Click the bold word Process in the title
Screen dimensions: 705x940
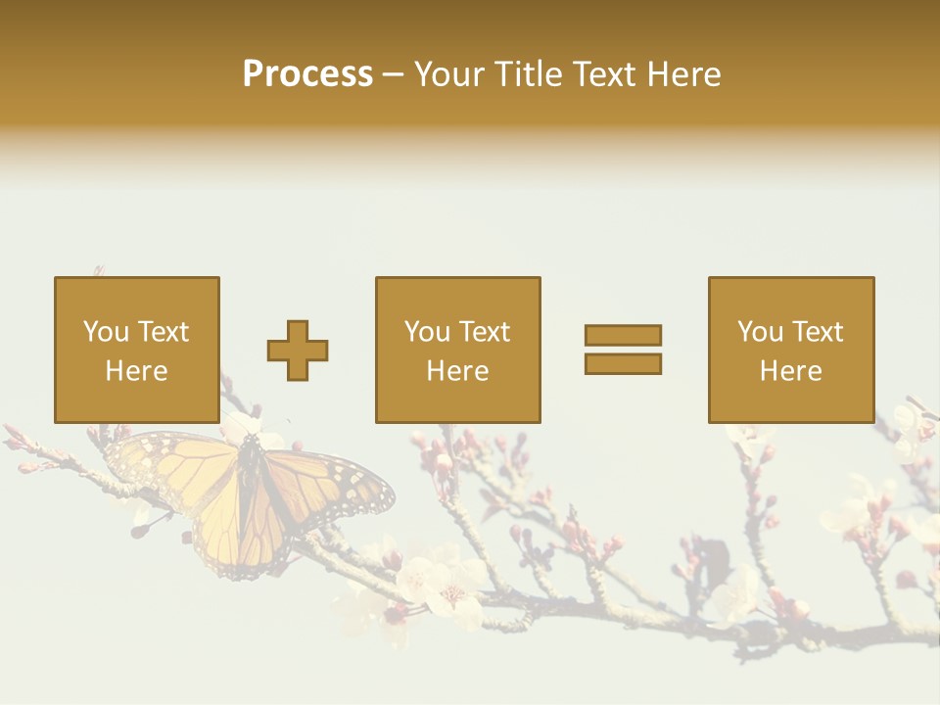coord(307,74)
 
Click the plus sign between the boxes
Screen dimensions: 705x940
coord(298,350)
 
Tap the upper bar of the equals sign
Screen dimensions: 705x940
coord(623,335)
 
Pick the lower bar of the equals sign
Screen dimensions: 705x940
coord(623,363)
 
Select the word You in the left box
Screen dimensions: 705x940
coord(106,332)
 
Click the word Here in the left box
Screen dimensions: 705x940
coord(136,371)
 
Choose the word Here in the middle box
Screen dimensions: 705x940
coord(457,371)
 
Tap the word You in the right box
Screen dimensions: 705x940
coord(760,332)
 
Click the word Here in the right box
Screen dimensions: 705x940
coord(790,371)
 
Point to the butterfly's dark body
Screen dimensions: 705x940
coord(250,490)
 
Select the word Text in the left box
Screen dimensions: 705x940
coord(163,332)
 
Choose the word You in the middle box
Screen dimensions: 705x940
coord(427,332)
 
